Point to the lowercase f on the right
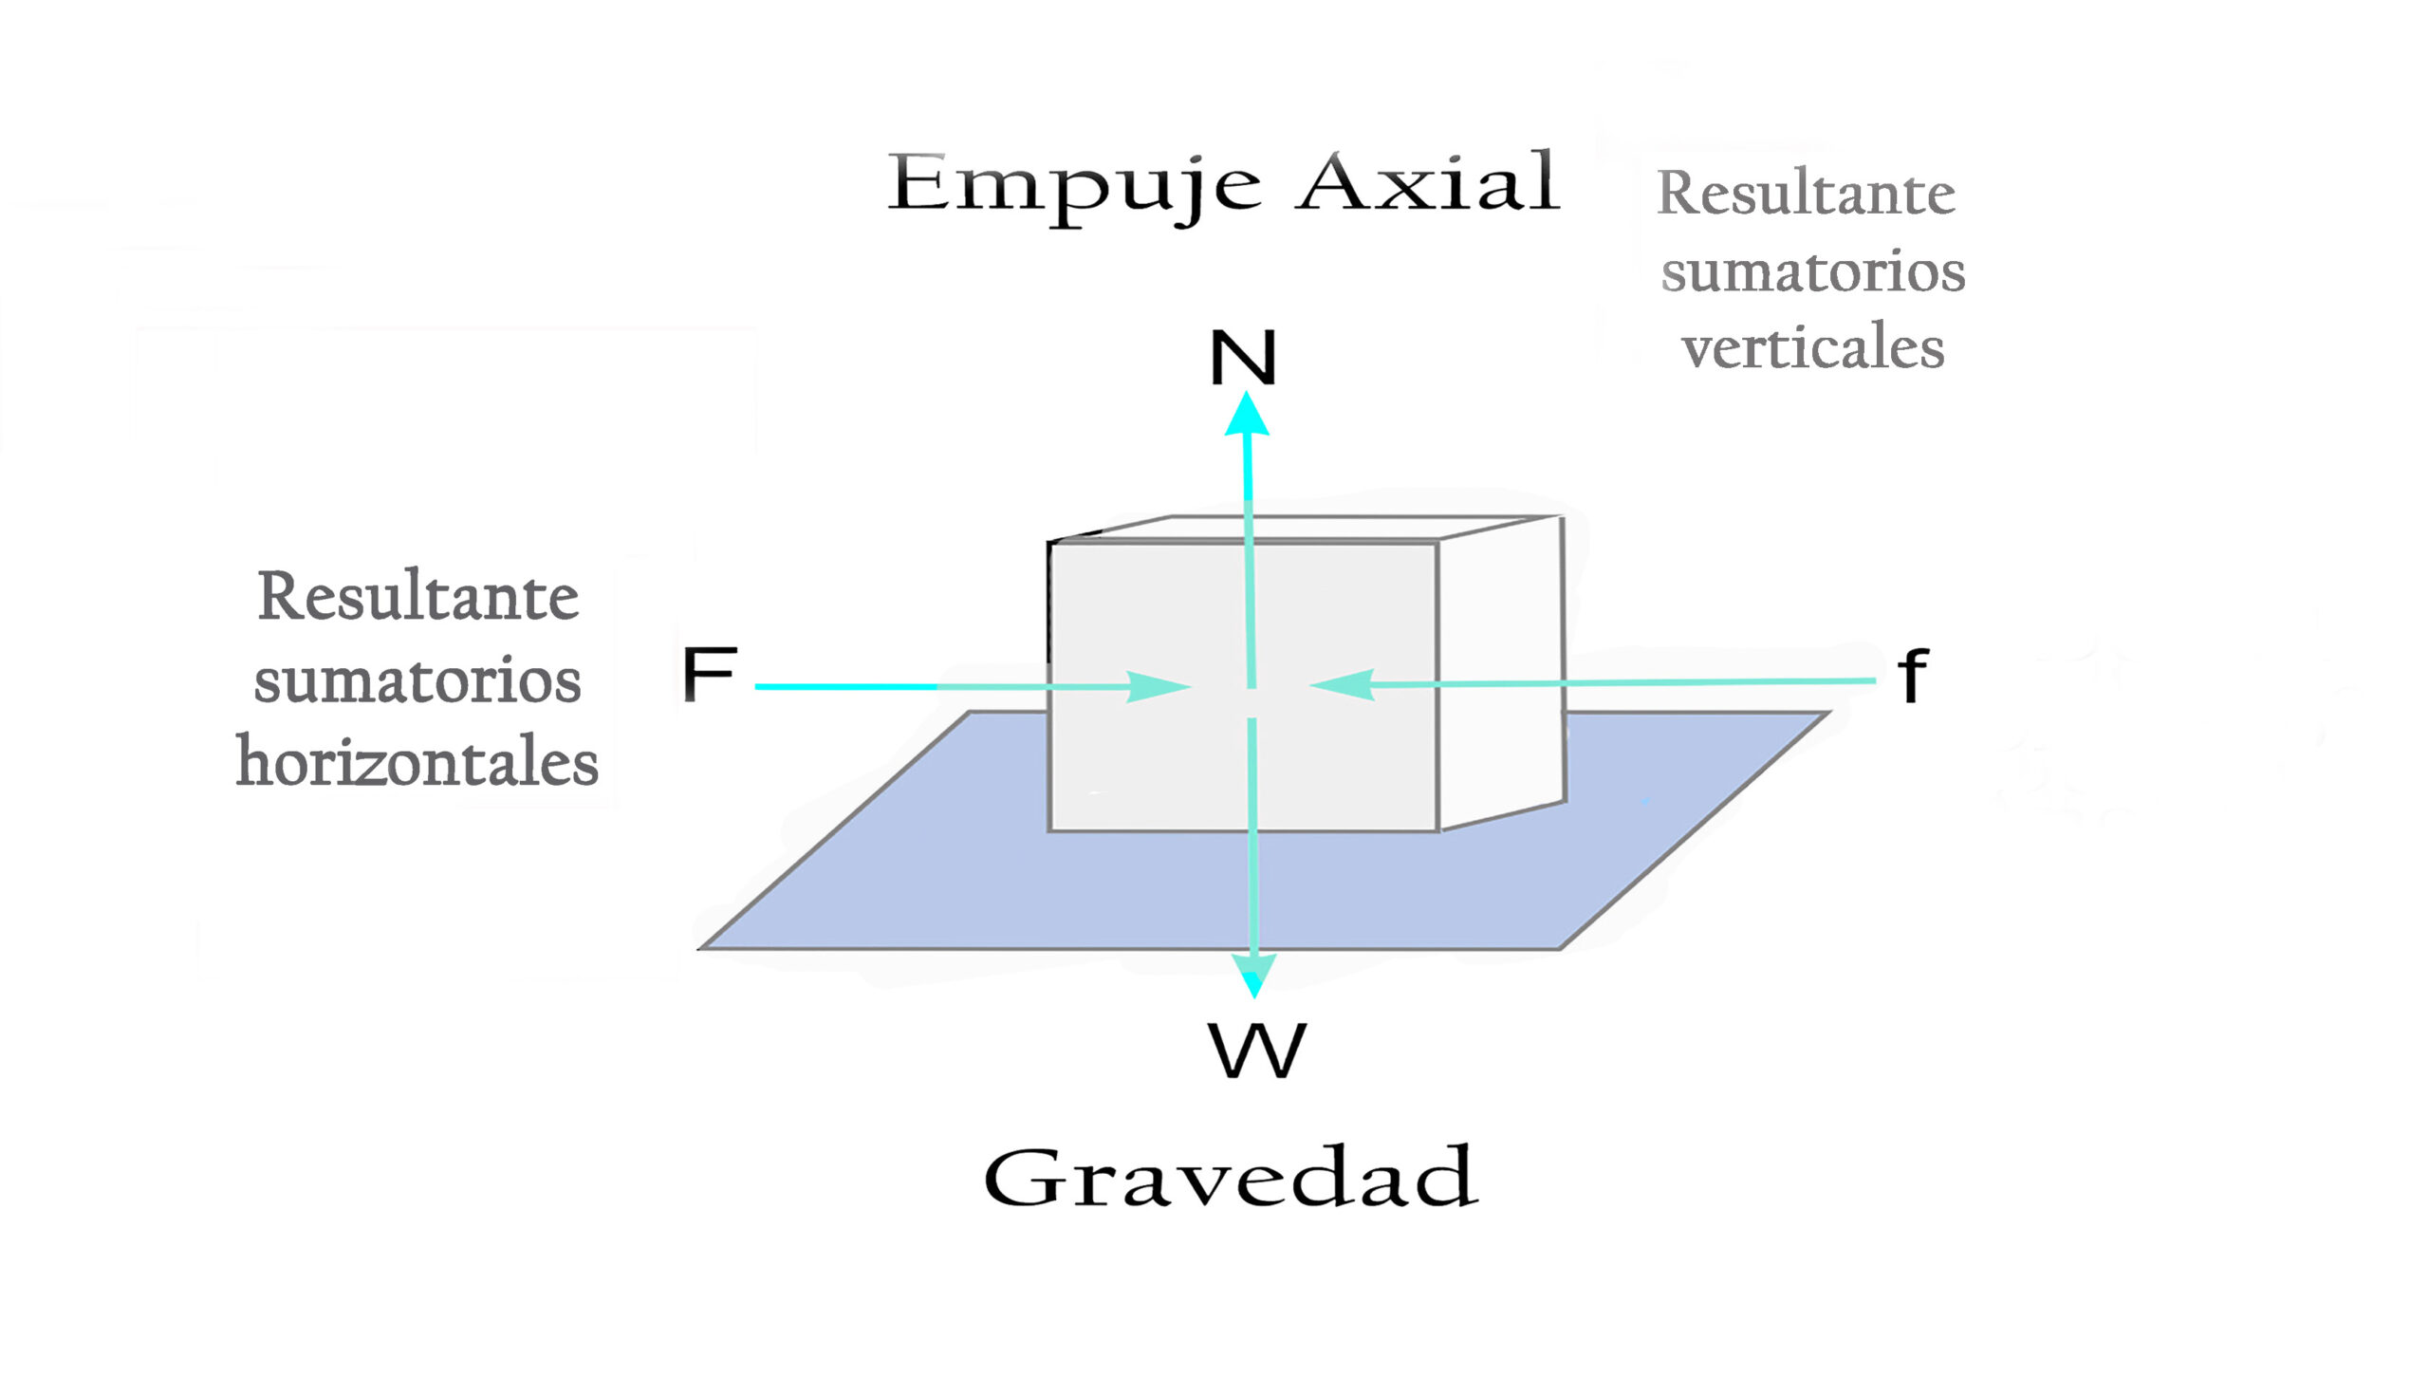(x=1913, y=676)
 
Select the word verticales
(x=1812, y=347)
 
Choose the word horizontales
(x=417, y=762)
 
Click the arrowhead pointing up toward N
(x=1247, y=415)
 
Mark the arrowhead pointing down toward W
(x=1254, y=975)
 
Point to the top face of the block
(x=1309, y=529)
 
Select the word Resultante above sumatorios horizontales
(x=417, y=597)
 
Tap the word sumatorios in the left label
(x=417, y=680)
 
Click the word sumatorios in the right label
(x=1812, y=271)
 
